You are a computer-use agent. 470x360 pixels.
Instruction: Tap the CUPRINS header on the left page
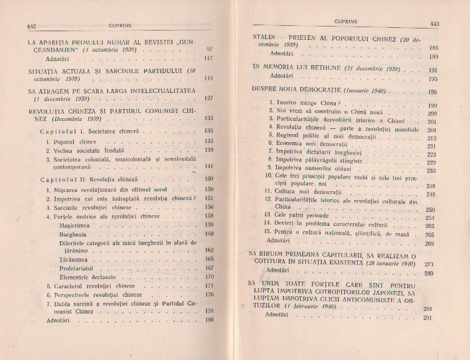point(121,25)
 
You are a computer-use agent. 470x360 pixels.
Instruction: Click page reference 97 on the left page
point(210,50)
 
